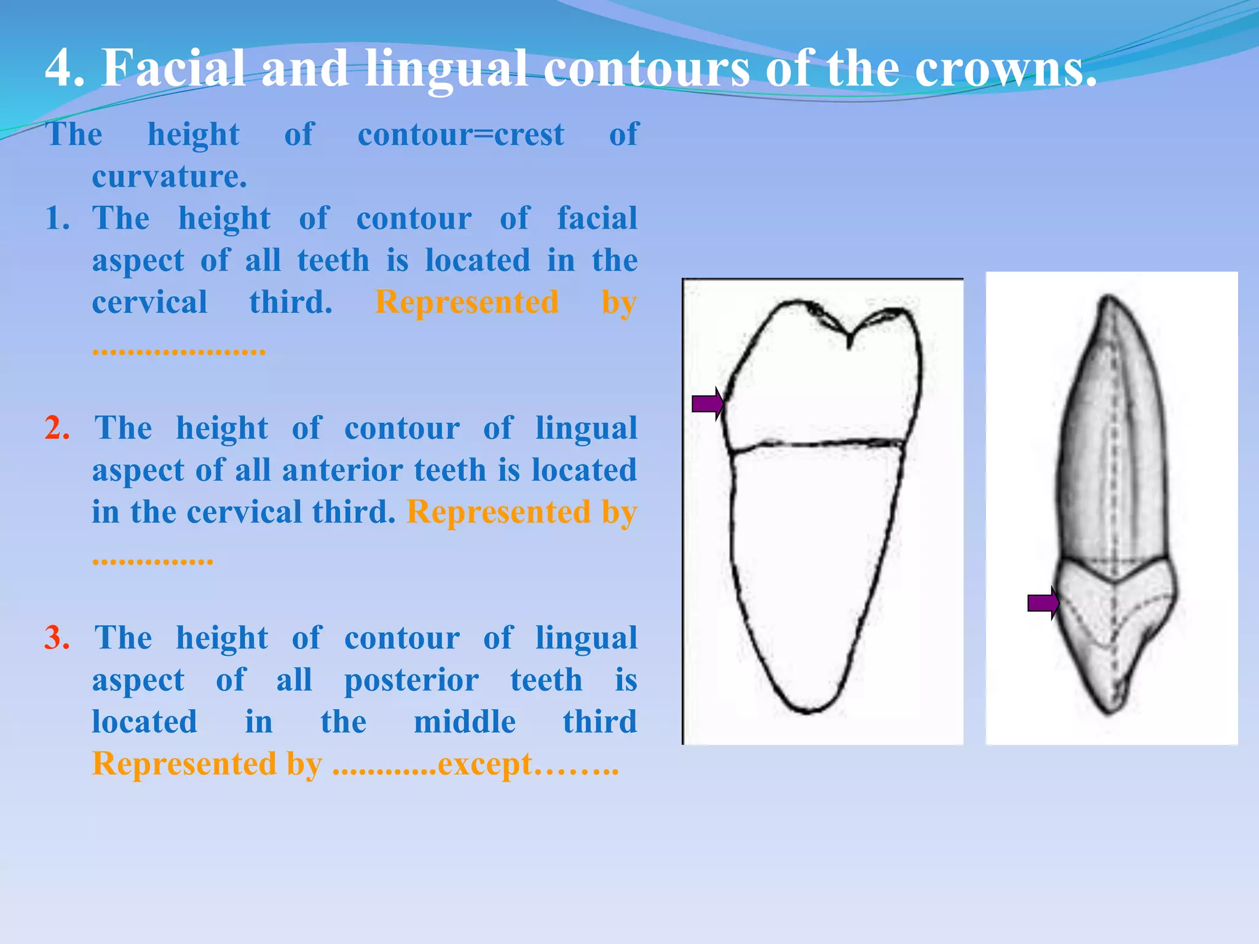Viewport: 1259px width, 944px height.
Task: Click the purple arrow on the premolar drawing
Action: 707,404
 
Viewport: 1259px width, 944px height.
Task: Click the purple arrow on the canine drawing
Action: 1043,603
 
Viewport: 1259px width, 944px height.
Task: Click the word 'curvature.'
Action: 170,177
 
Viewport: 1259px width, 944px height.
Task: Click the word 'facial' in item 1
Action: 597,218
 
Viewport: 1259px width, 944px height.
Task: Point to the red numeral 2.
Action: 57,428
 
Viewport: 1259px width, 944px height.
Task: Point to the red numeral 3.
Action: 57,637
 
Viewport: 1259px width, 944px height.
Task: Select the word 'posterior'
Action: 411,680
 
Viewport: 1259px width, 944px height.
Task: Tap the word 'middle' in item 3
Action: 464,722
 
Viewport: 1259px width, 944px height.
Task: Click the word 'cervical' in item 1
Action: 149,302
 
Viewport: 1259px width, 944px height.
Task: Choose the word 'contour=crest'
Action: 461,135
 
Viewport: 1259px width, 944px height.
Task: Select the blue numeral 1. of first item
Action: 57,218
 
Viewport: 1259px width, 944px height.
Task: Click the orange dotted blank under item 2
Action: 152,560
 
